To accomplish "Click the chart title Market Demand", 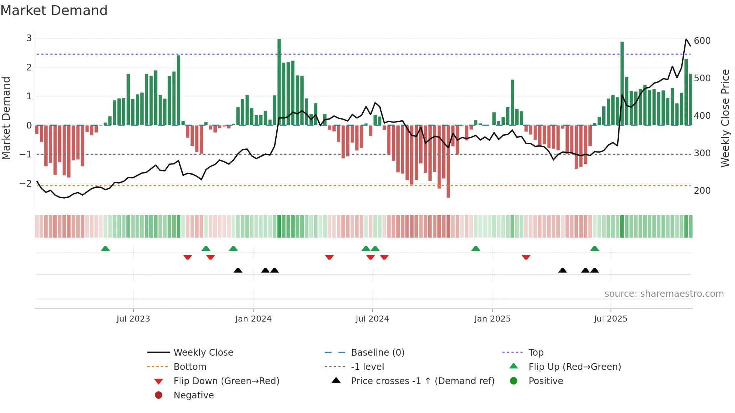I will coord(54,10).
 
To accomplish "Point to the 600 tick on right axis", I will coord(702,40).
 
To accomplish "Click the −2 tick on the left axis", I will coord(26,183).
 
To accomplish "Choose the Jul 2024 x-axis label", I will coord(372,319).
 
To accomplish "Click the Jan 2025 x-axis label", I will coord(492,319).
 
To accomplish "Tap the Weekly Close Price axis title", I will coord(725,118).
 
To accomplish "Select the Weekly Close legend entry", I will coord(203,352).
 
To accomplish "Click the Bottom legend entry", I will coord(190,367).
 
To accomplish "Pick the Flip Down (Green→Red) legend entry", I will coord(226,381).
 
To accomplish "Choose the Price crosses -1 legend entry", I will coord(422,381).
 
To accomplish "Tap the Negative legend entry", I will coord(193,395).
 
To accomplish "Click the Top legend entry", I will coord(535,352).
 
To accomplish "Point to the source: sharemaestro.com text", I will coord(664,293).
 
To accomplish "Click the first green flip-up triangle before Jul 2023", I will coord(105,248).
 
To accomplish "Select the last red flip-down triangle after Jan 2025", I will coord(526,257).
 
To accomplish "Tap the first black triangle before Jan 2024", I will coord(238,270).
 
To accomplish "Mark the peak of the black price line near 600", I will coord(686,39).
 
